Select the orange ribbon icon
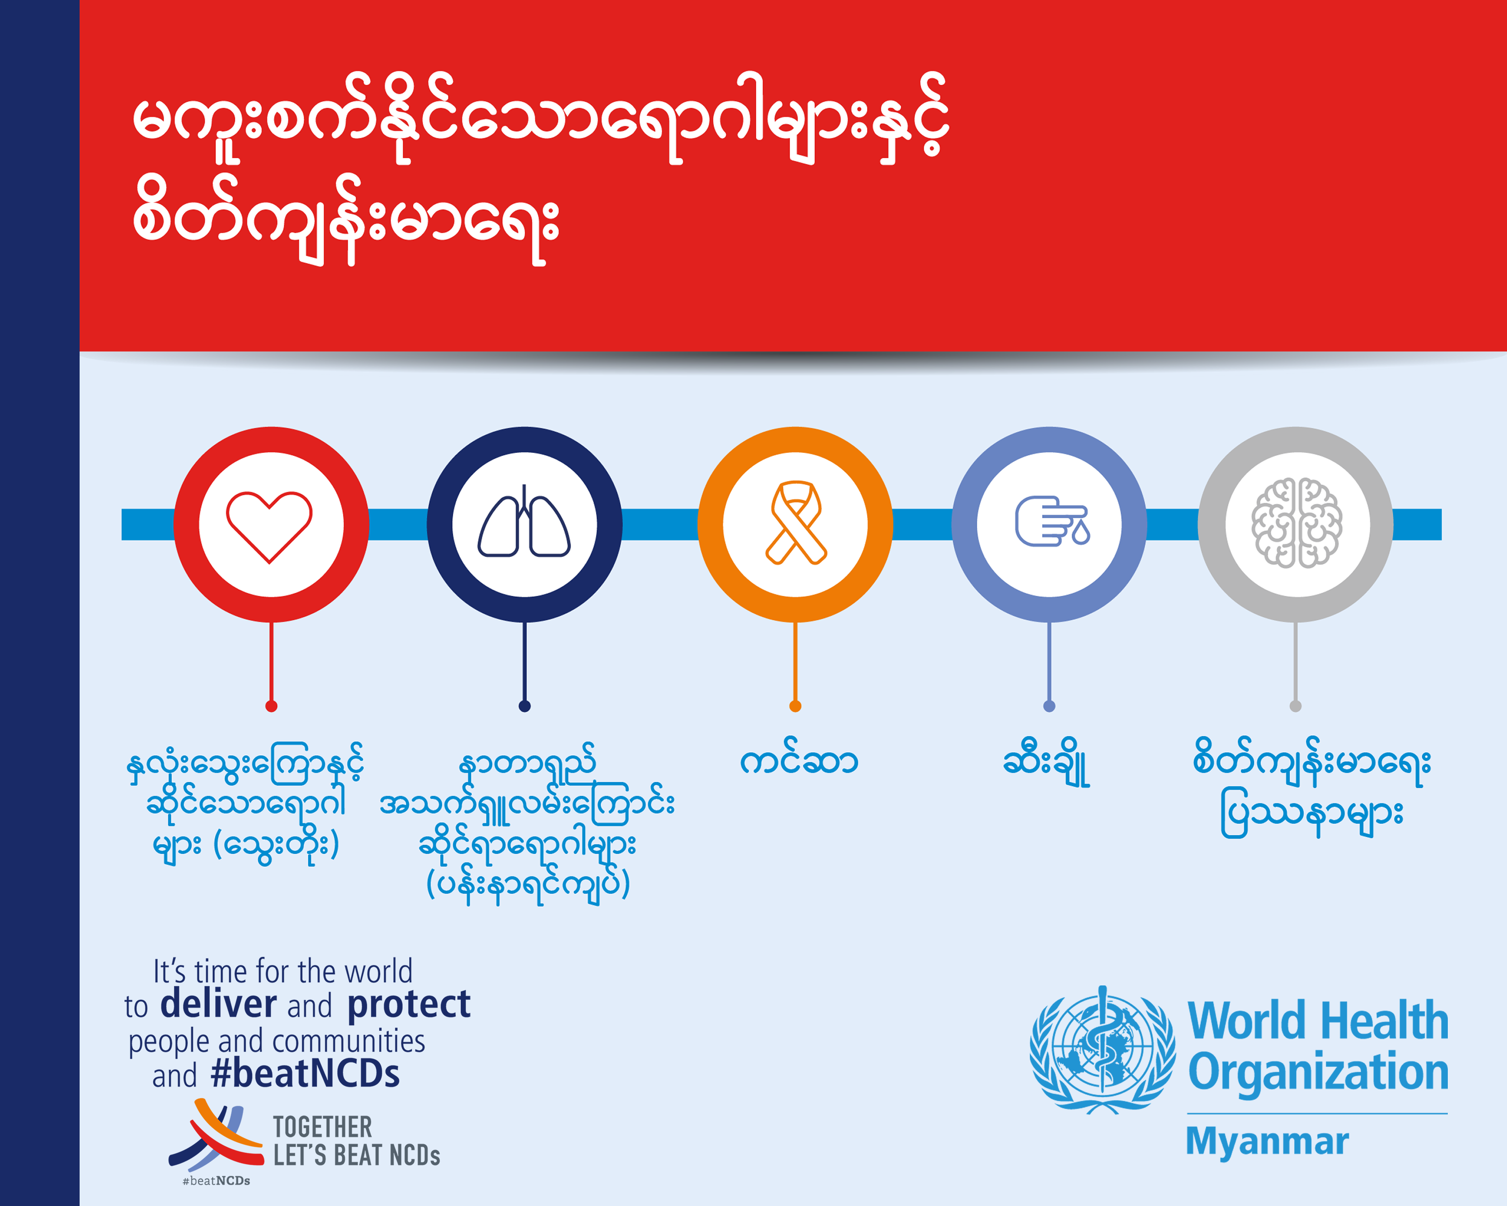coord(796,523)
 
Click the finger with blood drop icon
coord(1051,521)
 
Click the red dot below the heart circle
coord(271,706)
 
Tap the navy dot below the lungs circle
coord(524,706)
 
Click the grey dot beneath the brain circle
coord(1295,706)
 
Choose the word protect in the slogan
coord(409,1005)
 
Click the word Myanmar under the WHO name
coord(1267,1141)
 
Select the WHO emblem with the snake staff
coord(1102,1049)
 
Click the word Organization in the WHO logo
coord(1318,1072)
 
